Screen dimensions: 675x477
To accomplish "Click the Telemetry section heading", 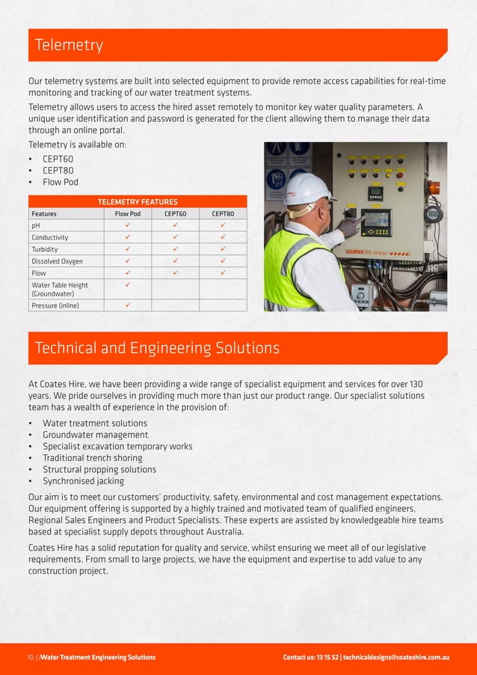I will (x=70, y=46).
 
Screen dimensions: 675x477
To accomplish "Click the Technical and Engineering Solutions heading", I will (x=158, y=348).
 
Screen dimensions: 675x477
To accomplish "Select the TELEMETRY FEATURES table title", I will (x=137, y=202).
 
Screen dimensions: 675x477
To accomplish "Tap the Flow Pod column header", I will (x=128, y=213).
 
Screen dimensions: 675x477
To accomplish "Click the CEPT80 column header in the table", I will (x=222, y=213).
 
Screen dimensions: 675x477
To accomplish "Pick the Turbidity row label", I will (x=45, y=249).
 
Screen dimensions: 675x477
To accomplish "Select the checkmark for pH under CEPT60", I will (x=176, y=225).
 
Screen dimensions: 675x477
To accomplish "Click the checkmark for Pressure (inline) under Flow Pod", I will (x=128, y=305).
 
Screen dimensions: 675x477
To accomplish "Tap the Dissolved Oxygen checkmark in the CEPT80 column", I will (x=223, y=261).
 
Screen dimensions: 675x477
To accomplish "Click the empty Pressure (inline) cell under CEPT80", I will (x=223, y=305).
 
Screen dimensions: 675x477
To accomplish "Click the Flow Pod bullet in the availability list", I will (x=61, y=182).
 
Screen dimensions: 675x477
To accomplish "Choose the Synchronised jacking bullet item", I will (x=84, y=481).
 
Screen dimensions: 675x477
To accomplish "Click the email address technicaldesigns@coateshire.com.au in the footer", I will (x=396, y=657).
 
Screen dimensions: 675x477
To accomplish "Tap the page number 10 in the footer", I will (x=31, y=657).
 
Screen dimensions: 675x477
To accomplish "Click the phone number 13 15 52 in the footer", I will (x=325, y=657).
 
